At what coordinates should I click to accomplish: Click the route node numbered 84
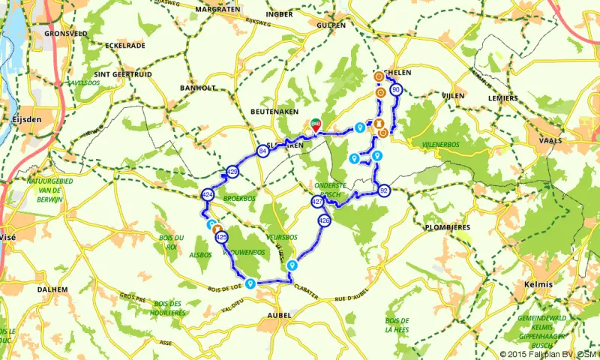[262, 151]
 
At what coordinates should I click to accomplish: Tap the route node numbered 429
[232, 172]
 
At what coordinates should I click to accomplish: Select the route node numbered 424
[208, 194]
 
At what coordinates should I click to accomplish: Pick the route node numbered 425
[221, 237]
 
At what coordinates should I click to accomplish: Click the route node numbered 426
[324, 221]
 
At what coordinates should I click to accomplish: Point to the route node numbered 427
[317, 202]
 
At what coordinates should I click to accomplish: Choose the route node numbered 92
[384, 190]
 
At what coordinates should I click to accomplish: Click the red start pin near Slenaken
[316, 126]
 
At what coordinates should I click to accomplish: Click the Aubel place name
[278, 316]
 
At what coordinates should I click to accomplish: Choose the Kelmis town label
[540, 284]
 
